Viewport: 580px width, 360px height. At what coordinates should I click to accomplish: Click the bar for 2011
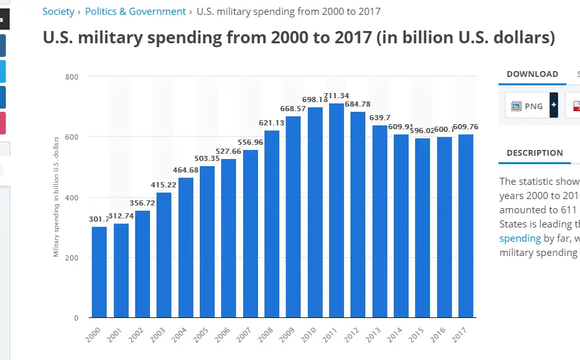(x=337, y=211)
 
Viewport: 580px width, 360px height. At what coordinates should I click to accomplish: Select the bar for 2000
(x=99, y=272)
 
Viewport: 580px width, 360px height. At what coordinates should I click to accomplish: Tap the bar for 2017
(x=466, y=226)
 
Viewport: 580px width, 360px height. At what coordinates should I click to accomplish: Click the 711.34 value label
(x=337, y=96)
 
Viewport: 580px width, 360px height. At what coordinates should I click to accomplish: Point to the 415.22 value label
(x=164, y=185)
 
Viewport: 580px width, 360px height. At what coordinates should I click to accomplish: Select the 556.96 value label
(x=250, y=142)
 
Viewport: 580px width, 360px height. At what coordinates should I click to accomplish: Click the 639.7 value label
(x=380, y=118)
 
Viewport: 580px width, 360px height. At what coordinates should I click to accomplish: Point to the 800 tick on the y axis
(x=72, y=77)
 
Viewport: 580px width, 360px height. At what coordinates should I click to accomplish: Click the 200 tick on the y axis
(x=72, y=258)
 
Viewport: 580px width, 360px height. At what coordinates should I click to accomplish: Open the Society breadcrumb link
(x=58, y=12)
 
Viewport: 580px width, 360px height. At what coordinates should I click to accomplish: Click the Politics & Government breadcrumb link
(x=135, y=12)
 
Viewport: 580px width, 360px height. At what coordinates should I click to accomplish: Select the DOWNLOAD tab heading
(x=532, y=74)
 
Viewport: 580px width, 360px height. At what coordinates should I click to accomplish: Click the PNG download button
(x=527, y=106)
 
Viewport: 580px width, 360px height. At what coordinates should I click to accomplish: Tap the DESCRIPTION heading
(x=535, y=153)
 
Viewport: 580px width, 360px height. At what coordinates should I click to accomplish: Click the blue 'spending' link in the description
(x=520, y=238)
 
